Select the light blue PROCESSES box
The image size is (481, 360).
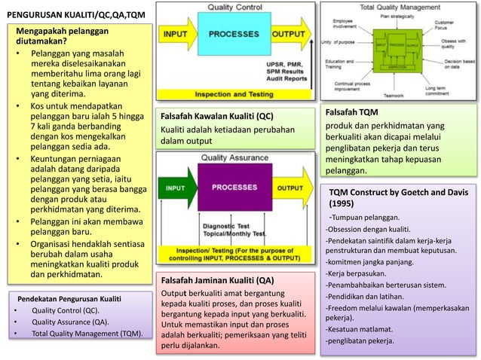pyautogui.click(x=233, y=35)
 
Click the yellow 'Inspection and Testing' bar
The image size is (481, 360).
pyautogui.click(x=234, y=95)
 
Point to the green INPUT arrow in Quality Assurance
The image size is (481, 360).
pyautogui.click(x=177, y=188)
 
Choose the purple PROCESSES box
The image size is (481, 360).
pyautogui.click(x=233, y=188)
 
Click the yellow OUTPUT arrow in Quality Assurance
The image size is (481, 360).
pyautogui.click(x=291, y=188)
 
